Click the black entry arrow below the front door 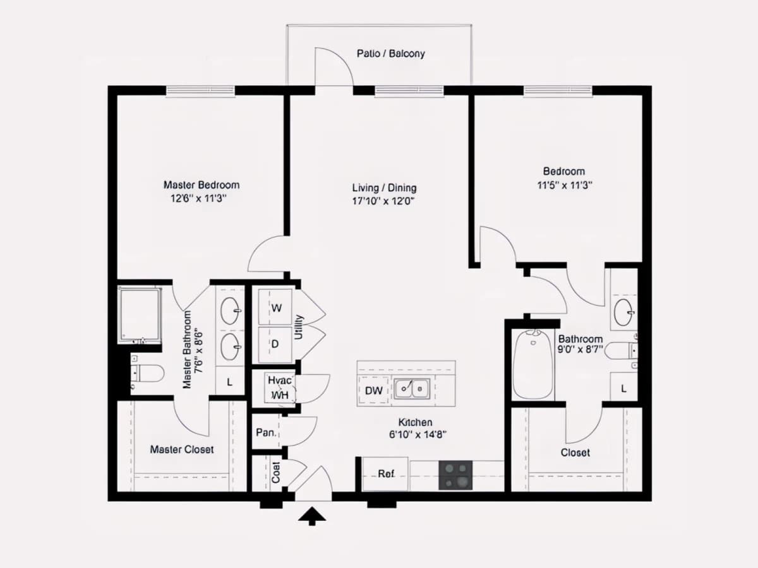point(312,516)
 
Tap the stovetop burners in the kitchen point(455,475)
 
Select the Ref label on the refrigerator point(386,474)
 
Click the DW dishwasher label point(374,391)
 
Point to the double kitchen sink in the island point(412,389)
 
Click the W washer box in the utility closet point(275,307)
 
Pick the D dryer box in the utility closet point(275,344)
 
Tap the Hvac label point(280,381)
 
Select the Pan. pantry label point(266,432)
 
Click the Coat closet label point(275,473)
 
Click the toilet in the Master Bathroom point(147,373)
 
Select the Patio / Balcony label point(390,54)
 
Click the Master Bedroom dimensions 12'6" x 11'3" point(198,199)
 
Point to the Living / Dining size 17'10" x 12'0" point(383,201)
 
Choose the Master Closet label point(182,449)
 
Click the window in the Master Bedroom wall point(200,91)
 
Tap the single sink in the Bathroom point(624,312)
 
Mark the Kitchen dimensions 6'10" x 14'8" point(418,435)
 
